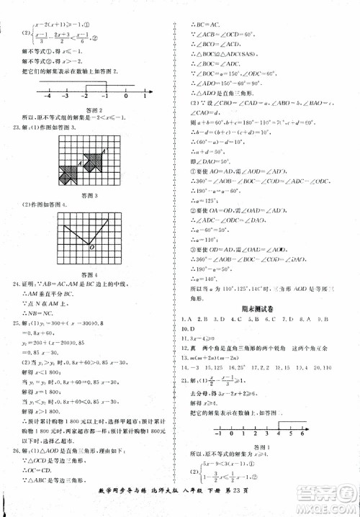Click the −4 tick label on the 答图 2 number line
48,96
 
